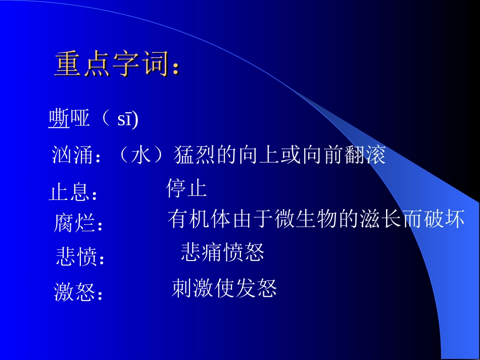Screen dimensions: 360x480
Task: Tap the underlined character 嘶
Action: point(59,119)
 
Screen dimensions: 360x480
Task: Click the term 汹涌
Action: point(73,156)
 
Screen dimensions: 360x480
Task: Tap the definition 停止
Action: point(186,188)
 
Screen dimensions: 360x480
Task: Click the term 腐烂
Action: point(74,223)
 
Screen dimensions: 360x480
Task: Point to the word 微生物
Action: point(306,220)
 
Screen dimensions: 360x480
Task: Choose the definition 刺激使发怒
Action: point(224,288)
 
